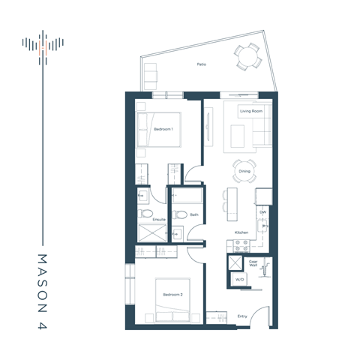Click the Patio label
tap(202, 64)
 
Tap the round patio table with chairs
tap(246, 58)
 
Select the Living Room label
tap(250, 112)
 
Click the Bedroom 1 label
tap(163, 129)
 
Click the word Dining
tap(244, 171)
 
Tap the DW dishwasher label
tap(263, 212)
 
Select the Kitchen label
tap(241, 232)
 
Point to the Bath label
tap(193, 214)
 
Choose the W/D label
tap(239, 279)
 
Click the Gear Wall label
tap(253, 264)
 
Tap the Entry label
tap(242, 316)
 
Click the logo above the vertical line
tap(44, 44)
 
